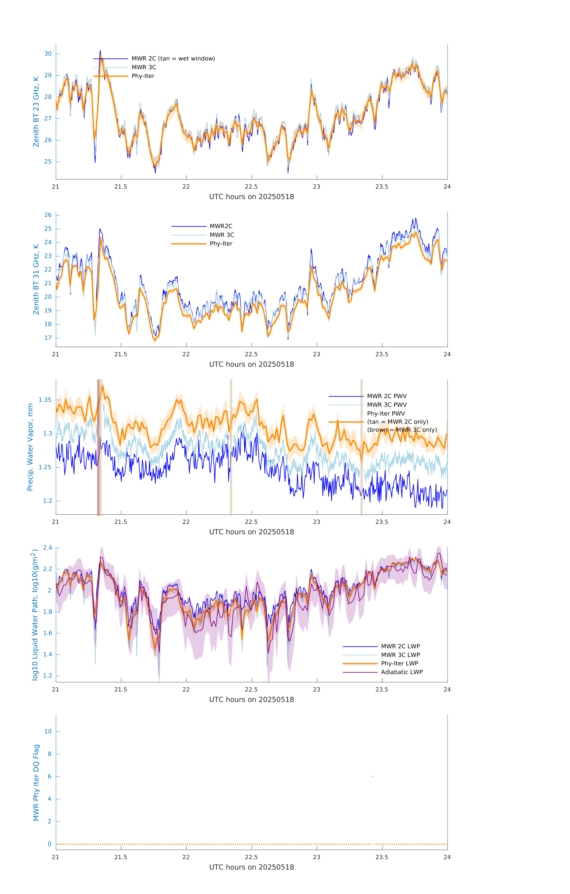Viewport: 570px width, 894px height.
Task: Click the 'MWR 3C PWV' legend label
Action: click(x=387, y=405)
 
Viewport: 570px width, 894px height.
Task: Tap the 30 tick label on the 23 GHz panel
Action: click(x=48, y=54)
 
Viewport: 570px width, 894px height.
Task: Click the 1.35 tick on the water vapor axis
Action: click(x=45, y=400)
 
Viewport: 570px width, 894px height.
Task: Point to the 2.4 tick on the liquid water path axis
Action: click(x=48, y=548)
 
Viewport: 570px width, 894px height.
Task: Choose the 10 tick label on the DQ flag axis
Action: click(x=48, y=731)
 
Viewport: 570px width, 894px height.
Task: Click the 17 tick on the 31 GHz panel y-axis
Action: click(x=48, y=338)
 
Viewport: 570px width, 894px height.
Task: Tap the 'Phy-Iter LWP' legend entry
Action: click(x=399, y=663)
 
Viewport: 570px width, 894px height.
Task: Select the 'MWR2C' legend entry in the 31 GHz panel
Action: click(x=221, y=226)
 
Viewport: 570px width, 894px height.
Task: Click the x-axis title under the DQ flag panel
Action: click(x=251, y=867)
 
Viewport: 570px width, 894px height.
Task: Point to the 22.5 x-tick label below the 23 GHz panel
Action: click(x=251, y=187)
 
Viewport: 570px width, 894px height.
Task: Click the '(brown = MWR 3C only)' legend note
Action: click(x=402, y=430)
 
